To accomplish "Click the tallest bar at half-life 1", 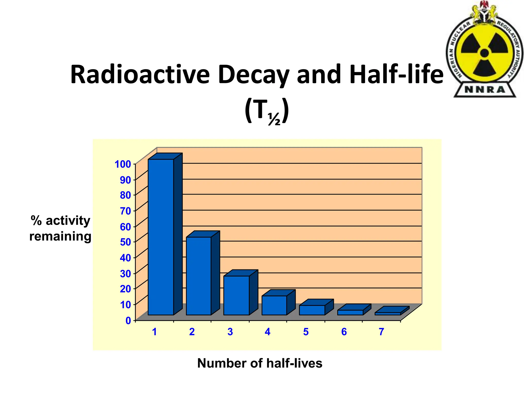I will click(161, 237).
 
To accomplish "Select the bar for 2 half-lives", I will click(199, 276).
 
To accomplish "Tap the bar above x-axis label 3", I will click(236, 295).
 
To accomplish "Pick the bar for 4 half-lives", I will click(274, 305).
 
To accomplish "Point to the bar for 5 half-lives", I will click(312, 310).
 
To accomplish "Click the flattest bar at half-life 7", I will click(387, 314).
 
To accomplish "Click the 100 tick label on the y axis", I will click(123, 164).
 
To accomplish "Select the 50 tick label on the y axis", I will click(125, 242).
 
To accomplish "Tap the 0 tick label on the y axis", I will click(128, 320).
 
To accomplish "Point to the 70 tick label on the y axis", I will click(125, 211).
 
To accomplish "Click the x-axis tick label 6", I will click(344, 332).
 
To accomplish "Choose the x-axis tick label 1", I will click(154, 332).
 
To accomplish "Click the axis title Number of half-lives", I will click(259, 363).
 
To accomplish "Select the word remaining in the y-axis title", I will click(60, 236).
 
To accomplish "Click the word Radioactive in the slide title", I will click(140, 75).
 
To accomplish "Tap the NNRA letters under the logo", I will click(485, 90).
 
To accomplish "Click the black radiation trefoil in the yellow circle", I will click(484, 53).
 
